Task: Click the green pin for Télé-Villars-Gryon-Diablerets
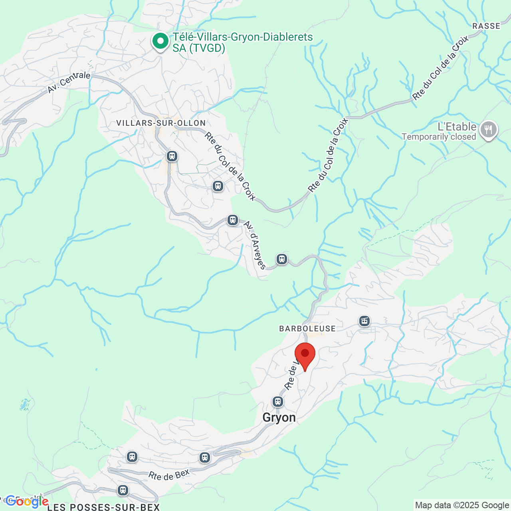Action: pos(160,41)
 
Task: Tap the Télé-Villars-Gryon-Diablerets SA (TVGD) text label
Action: pos(242,42)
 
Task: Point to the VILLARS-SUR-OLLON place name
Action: pos(161,123)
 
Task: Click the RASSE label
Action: pos(486,26)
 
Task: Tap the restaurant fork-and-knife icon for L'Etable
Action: pos(488,129)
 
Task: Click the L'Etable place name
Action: pos(457,127)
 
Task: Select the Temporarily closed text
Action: pos(439,137)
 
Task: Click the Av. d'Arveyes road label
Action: pos(254,245)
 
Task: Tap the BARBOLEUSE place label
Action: pos(307,329)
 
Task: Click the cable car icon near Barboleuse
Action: pos(364,321)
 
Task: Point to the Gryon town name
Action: pos(279,418)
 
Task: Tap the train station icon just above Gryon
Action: pos(278,401)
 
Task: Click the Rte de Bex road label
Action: pos(169,475)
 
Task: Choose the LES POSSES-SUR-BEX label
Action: pos(103,507)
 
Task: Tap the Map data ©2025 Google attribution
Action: pos(462,505)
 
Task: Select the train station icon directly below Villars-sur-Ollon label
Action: pos(172,156)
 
